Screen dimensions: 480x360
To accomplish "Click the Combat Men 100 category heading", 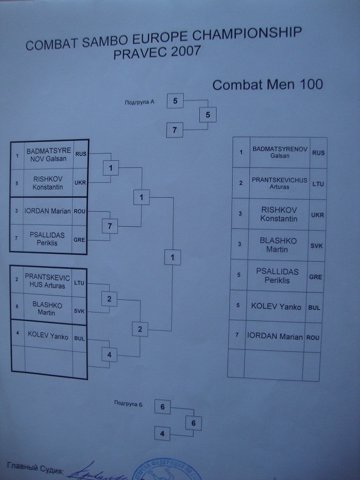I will [x=268, y=85].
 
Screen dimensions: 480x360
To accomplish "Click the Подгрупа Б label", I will [x=129, y=403].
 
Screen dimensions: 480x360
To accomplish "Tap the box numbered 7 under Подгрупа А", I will [x=174, y=131].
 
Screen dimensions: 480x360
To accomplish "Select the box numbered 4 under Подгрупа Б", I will [x=162, y=433].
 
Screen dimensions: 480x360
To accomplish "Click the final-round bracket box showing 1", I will [x=173, y=257].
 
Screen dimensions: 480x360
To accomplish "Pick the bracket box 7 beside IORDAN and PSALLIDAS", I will [x=110, y=226].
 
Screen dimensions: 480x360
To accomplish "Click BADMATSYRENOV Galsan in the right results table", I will [x=280, y=152].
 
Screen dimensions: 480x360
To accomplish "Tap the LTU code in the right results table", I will [x=318, y=183].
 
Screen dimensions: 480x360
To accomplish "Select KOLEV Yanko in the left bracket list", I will [x=48, y=335].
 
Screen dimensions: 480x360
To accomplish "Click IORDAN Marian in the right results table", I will [x=275, y=336].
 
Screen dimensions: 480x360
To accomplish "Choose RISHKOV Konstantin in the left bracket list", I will [x=47, y=183].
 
